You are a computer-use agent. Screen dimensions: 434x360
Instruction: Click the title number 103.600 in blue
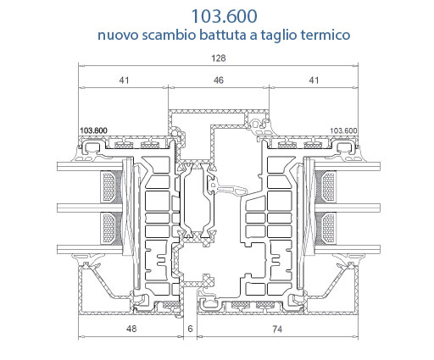(x=225, y=16)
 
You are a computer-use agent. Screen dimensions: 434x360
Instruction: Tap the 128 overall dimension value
(x=219, y=58)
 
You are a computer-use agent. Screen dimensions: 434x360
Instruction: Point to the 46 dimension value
(x=219, y=80)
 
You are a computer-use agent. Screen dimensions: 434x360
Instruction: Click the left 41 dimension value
(x=124, y=80)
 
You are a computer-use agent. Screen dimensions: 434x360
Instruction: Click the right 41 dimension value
(x=314, y=80)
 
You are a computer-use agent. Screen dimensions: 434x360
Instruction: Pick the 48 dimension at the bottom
(x=131, y=329)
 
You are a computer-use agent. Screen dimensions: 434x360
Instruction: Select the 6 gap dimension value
(x=190, y=329)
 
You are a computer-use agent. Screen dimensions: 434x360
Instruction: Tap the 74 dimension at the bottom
(x=277, y=329)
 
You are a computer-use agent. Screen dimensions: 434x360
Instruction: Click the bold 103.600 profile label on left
(x=93, y=130)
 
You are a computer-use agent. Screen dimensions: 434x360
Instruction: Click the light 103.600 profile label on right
(x=343, y=130)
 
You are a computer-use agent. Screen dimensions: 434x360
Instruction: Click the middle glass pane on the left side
(x=90, y=208)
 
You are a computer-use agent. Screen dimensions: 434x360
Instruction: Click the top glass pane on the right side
(x=348, y=167)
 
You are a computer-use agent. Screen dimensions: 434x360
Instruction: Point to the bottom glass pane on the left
(x=90, y=249)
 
